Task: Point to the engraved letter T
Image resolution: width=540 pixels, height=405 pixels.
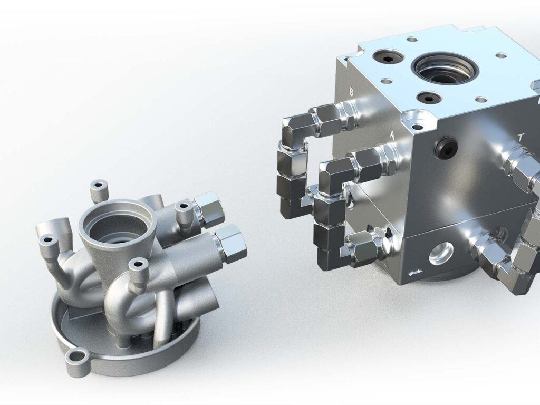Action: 520,138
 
